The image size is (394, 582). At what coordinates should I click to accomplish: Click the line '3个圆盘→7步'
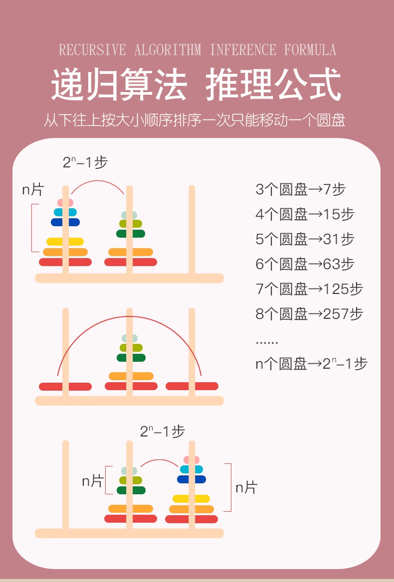click(300, 189)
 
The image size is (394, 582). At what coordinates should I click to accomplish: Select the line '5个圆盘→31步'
click(305, 239)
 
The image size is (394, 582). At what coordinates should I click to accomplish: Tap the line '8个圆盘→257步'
click(309, 314)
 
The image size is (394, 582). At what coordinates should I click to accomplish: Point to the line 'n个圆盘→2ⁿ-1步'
click(311, 364)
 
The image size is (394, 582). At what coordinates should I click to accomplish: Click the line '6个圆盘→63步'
click(305, 264)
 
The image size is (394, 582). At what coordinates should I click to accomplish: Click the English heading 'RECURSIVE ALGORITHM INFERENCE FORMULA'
click(197, 50)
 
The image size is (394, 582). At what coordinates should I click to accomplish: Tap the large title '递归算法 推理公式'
click(197, 85)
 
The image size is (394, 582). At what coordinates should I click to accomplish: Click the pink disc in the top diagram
click(65, 203)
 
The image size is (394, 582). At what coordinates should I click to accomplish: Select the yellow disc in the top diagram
click(65, 242)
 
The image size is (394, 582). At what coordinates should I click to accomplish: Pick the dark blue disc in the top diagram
click(65, 222)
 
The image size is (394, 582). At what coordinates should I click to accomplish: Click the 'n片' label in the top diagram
click(33, 189)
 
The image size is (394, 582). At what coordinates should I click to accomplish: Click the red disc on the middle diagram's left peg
click(65, 387)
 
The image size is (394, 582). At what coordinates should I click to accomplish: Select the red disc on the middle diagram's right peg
click(192, 386)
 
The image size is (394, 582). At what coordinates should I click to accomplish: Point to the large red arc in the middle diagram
click(129, 317)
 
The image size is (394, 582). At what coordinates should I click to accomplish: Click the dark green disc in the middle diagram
click(131, 358)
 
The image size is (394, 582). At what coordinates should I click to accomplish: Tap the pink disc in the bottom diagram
click(192, 459)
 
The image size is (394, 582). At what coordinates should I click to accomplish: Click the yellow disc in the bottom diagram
click(192, 499)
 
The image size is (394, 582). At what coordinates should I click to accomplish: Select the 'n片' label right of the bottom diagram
click(246, 487)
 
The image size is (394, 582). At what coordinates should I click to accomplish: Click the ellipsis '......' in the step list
click(267, 342)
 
